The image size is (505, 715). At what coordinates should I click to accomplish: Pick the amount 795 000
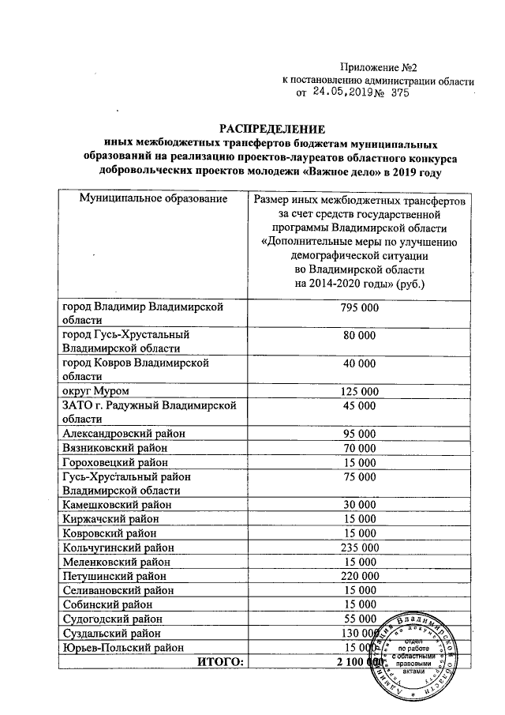click(359, 307)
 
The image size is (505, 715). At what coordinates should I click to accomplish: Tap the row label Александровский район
click(119, 434)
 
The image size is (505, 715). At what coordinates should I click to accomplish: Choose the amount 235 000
click(359, 547)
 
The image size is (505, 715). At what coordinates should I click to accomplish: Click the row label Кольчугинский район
click(118, 547)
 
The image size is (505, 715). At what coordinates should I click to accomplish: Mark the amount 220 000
click(359, 576)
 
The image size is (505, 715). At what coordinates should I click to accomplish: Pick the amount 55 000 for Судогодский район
click(359, 619)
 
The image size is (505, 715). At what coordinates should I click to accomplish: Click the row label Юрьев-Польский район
click(117, 647)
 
